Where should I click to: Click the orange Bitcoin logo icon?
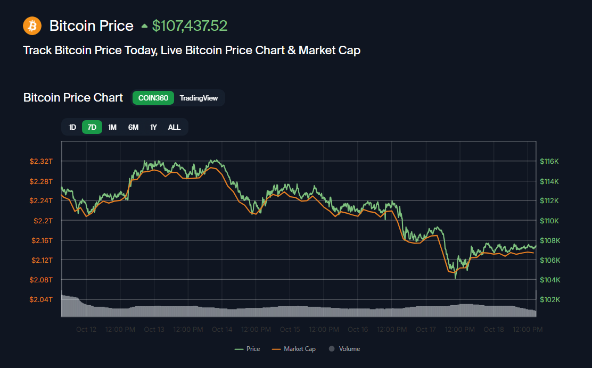(x=32, y=25)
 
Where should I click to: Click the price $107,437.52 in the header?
(x=190, y=26)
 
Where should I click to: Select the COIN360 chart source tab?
(x=153, y=98)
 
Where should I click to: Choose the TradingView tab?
(x=199, y=98)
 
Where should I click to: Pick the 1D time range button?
(x=72, y=127)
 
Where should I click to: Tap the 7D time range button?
(x=92, y=127)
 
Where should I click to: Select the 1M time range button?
(x=112, y=127)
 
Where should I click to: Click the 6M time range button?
(x=133, y=127)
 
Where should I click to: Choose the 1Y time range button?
(x=153, y=127)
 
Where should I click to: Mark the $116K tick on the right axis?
(x=549, y=161)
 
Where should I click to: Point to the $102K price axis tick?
(x=549, y=299)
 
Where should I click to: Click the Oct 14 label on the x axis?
(x=222, y=330)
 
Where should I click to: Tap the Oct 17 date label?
(x=426, y=330)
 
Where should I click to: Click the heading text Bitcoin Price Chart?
(x=73, y=98)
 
